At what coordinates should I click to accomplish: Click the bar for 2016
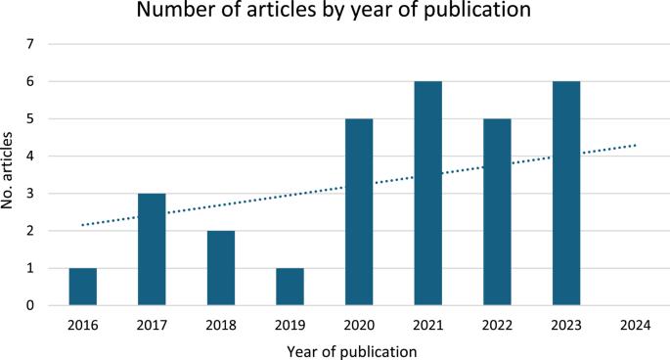(83, 287)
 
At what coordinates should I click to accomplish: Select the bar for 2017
(152, 249)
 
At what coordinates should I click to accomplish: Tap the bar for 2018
(221, 268)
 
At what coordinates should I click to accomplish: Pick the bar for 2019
(290, 287)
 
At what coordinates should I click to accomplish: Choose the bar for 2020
(359, 212)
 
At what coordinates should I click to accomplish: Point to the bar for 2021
(428, 194)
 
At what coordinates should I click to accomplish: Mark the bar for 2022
(497, 212)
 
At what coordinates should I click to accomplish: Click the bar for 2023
(566, 194)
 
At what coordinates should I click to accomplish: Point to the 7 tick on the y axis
(30, 45)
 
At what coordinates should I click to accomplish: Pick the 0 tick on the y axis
(30, 305)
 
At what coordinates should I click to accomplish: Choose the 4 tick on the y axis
(30, 157)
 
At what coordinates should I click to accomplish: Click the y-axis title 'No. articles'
(11, 176)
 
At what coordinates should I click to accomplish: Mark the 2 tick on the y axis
(30, 231)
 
